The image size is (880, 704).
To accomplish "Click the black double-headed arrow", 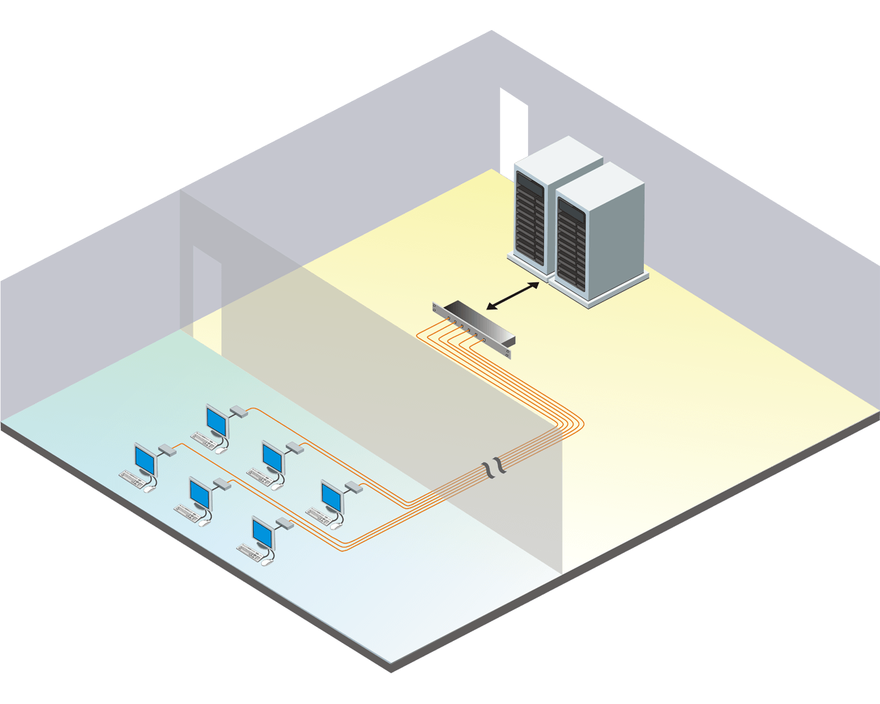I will pyautogui.click(x=518, y=294).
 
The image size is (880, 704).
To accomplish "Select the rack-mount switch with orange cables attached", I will pyautogui.click(x=474, y=324).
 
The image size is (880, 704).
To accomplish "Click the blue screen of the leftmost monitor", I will pyautogui.click(x=145, y=461).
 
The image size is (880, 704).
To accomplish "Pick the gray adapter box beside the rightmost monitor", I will pyautogui.click(x=353, y=486).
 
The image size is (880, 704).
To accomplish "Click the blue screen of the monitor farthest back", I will pyautogui.click(x=216, y=421).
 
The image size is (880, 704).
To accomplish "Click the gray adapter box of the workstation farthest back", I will pyautogui.click(x=238, y=411).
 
